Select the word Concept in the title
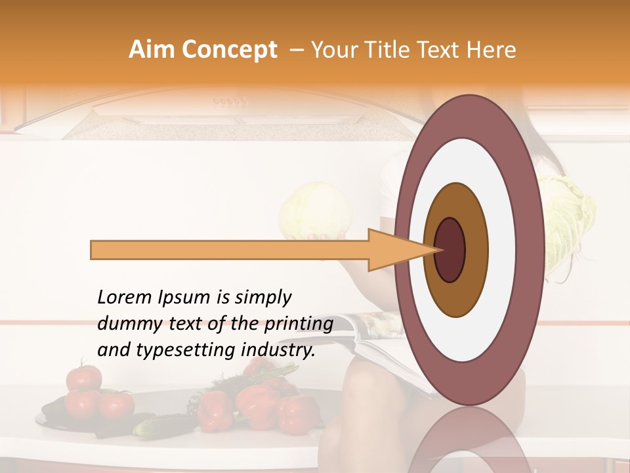pyautogui.click(x=229, y=50)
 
